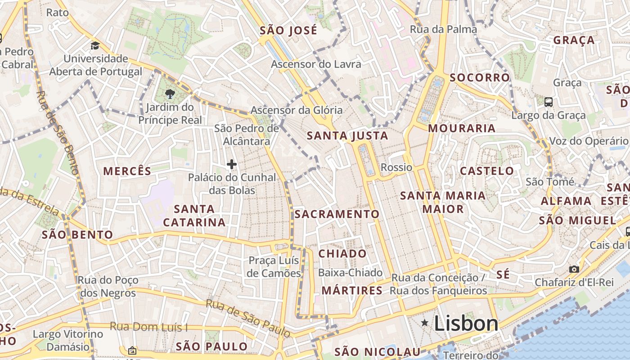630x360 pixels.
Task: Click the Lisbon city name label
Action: (466, 324)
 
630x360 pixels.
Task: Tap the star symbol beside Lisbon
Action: (424, 323)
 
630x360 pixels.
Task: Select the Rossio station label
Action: (396, 167)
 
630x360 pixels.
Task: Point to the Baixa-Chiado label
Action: (350, 272)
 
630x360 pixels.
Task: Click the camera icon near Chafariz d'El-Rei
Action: (574, 269)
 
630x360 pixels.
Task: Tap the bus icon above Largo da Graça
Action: (549, 102)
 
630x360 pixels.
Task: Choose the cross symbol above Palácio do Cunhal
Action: (232, 164)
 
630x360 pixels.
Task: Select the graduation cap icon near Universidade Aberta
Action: (95, 45)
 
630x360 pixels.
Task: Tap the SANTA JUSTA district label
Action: (347, 135)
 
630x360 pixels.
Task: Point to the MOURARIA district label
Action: (462, 128)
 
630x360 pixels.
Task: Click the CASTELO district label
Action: (487, 171)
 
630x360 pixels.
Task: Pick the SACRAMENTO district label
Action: (337, 214)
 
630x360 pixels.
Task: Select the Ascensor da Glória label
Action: (297, 110)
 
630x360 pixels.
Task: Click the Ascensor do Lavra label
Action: (316, 64)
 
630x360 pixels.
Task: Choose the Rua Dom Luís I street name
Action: (149, 327)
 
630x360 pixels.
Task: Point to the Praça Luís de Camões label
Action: (274, 267)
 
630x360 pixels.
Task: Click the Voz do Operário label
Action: (588, 141)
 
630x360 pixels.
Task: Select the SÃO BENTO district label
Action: (77, 234)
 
